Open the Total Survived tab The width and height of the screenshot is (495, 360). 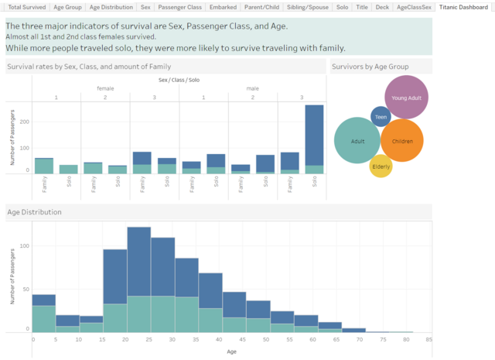26,6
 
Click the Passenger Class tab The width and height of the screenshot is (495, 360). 180,6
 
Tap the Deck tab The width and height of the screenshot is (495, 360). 382,6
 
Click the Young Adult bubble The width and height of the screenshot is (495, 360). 405,98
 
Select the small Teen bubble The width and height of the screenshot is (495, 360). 381,117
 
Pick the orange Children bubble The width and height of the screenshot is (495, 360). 402,140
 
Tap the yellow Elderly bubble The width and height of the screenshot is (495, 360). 381,166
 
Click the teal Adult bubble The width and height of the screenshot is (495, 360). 357,140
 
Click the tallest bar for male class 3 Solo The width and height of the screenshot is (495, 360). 314,135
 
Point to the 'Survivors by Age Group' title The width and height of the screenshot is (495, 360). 370,67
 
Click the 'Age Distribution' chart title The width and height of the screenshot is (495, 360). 35,211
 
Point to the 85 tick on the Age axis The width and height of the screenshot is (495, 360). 428,339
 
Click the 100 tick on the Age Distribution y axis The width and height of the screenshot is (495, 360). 22,245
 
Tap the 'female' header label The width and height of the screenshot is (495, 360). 105,88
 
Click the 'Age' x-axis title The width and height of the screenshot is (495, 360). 231,351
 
